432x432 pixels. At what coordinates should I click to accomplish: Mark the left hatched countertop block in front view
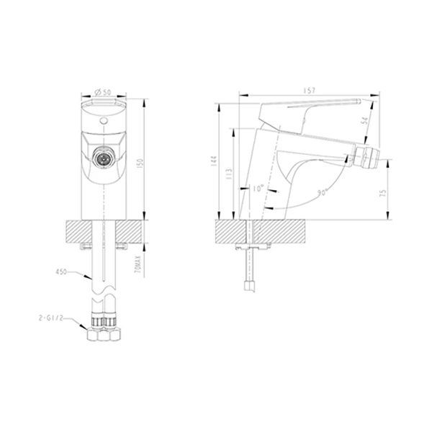coord(81,233)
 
